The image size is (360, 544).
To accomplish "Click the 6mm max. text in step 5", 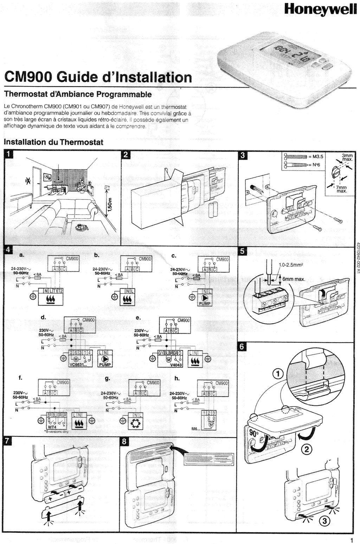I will pyautogui.click(x=294, y=280).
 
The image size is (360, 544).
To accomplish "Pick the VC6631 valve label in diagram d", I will pyautogui.click(x=79, y=365).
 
